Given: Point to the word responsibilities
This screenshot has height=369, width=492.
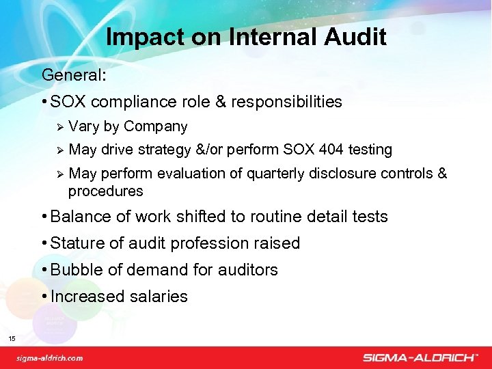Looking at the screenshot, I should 286,102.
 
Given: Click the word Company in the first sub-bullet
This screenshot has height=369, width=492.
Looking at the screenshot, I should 156,126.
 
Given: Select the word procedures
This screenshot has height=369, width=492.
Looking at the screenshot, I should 106,191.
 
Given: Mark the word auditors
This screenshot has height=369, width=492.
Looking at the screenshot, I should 248,270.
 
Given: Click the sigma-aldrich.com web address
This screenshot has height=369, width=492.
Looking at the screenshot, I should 50,357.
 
